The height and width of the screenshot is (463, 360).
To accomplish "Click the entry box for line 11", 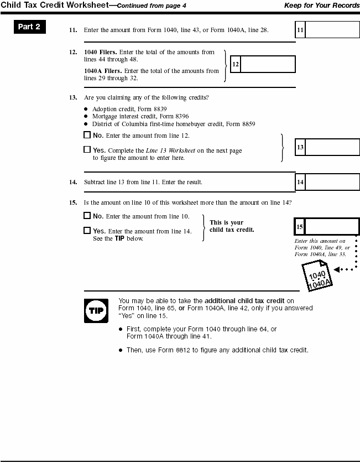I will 332,30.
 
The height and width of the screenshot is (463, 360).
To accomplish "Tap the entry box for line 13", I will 332,148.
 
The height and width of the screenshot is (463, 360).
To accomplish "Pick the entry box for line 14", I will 332,181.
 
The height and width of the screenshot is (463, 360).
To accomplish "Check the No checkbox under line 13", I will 87,135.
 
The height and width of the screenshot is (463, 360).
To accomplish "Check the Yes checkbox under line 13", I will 87,149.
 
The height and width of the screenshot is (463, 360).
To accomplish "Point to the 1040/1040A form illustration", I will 317,275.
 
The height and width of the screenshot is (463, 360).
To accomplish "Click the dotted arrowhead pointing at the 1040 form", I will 338,270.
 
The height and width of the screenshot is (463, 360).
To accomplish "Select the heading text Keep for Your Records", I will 322,5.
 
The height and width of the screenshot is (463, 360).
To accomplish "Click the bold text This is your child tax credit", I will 232,226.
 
